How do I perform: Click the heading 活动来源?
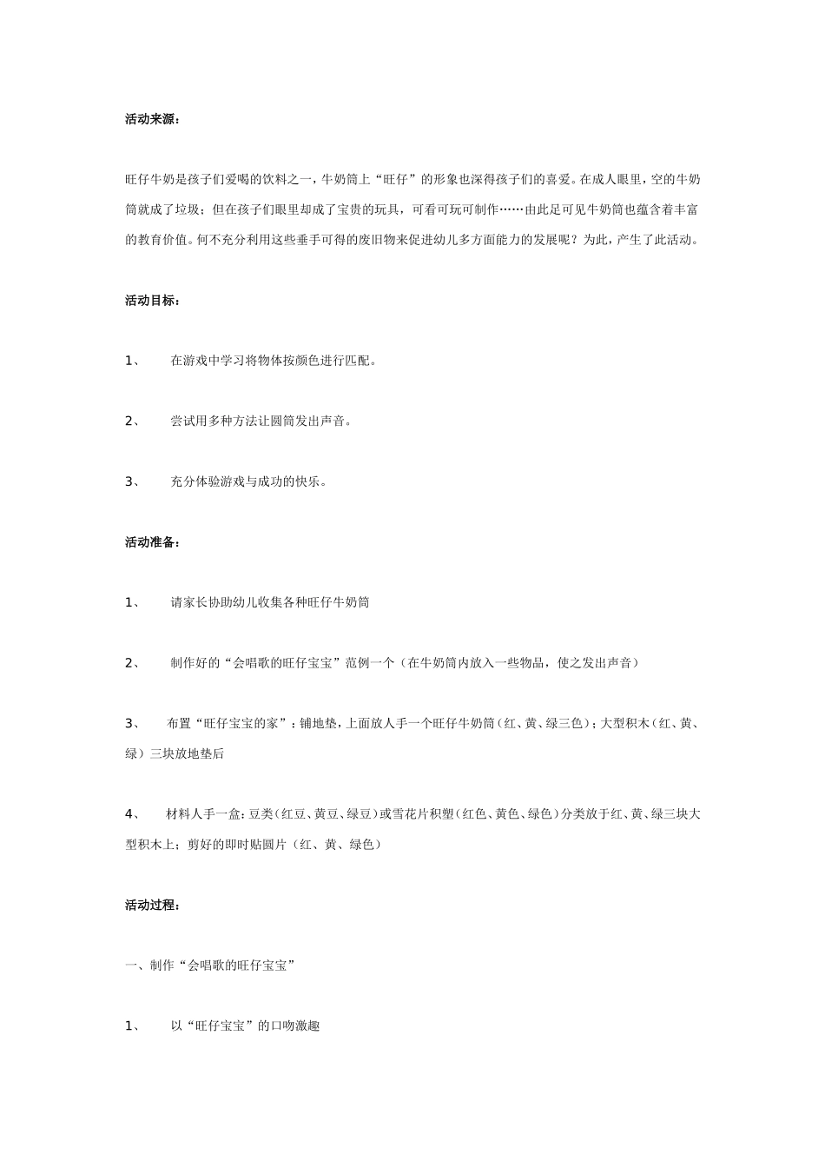[152, 120]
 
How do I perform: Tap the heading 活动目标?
[152, 301]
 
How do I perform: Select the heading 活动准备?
[152, 542]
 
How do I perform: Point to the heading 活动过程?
[152, 906]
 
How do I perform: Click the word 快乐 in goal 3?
[308, 481]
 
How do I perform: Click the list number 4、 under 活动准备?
[133, 814]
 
